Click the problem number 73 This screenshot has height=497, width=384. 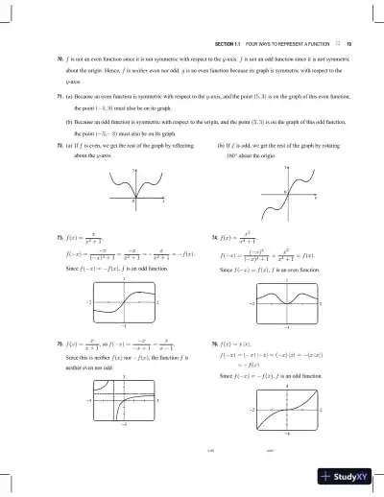pos(34,235)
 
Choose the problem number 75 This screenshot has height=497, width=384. pos(34,341)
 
